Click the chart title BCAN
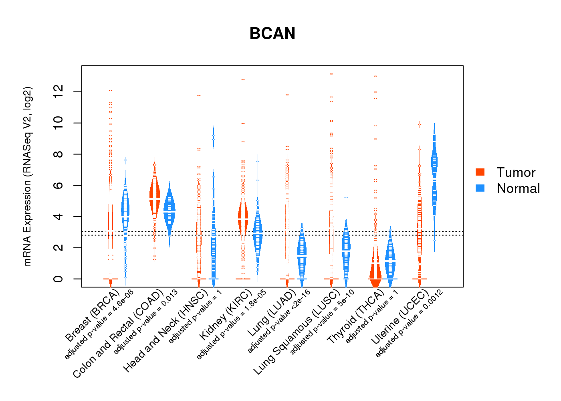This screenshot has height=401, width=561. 272,34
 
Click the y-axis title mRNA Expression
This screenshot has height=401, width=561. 27,176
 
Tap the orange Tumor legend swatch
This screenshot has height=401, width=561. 480,172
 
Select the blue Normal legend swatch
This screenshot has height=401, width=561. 480,188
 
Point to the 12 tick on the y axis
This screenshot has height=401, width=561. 58,92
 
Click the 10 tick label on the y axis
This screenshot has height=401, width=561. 58,123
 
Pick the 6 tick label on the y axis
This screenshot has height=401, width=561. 58,185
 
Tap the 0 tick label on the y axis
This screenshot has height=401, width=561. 58,279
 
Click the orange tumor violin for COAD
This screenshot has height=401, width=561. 155,196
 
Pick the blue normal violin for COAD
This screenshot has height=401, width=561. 170,211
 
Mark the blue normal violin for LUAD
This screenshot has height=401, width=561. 302,253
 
